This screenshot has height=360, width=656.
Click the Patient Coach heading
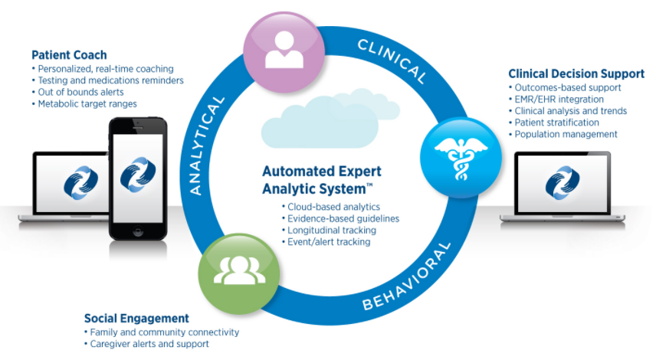tap(69, 55)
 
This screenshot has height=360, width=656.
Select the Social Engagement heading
tap(136, 318)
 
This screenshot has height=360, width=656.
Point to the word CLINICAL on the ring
tap(392, 61)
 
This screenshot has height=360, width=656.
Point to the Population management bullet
tap(566, 134)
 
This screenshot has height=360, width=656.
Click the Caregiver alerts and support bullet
tap(149, 344)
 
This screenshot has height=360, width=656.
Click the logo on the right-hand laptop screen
tap(562, 182)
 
